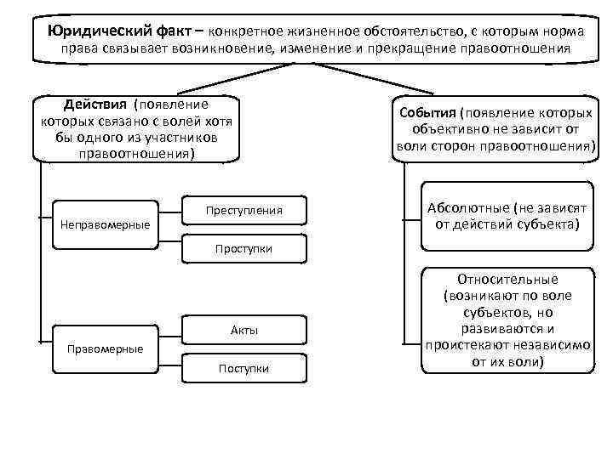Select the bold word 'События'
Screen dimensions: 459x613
point(426,113)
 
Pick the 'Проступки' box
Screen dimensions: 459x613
point(243,248)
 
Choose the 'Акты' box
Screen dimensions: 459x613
point(243,330)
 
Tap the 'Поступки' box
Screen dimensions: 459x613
point(243,368)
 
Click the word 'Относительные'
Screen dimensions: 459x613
point(507,279)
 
